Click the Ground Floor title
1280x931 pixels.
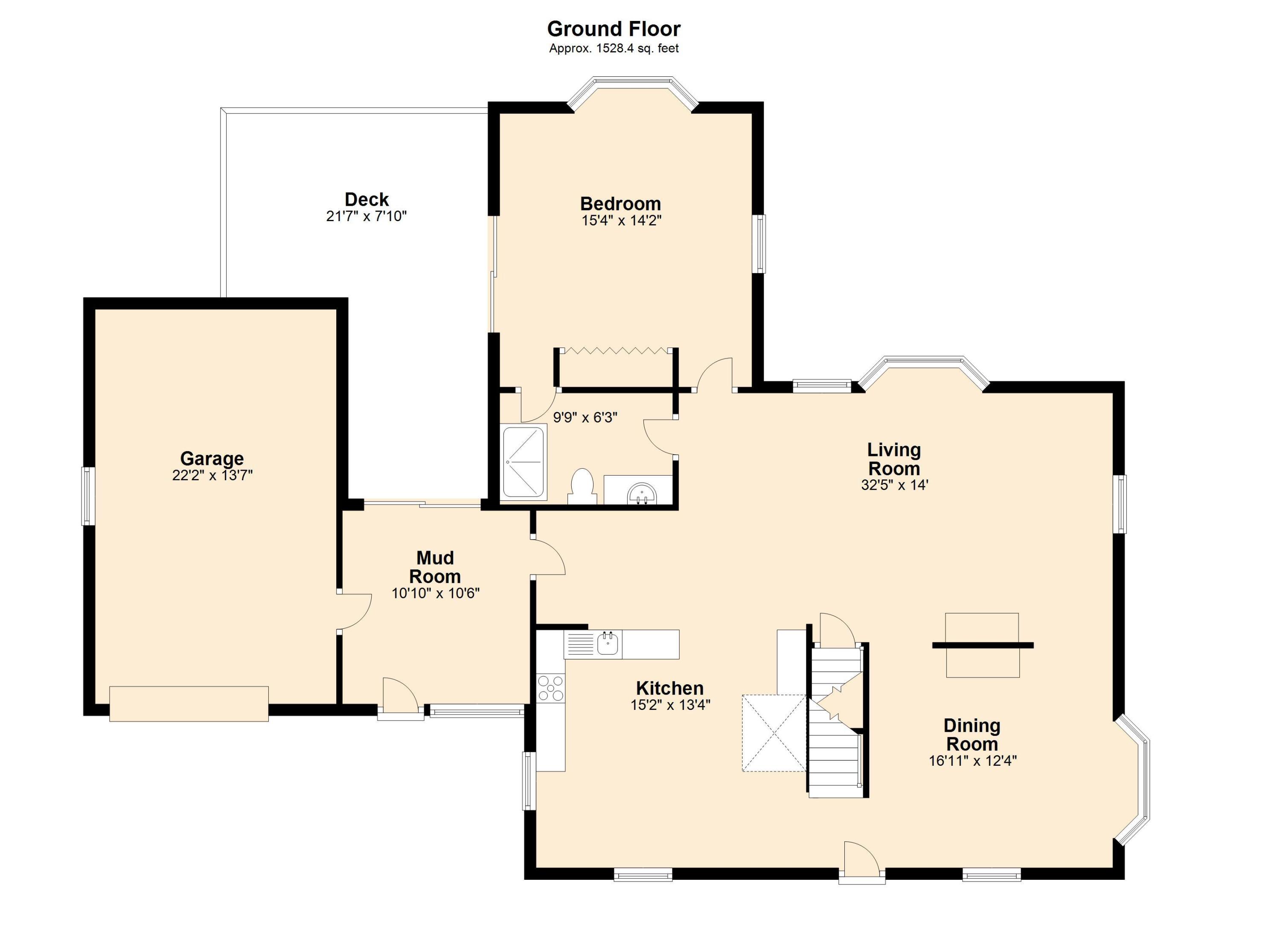614,28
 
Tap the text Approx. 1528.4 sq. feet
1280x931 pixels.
614,49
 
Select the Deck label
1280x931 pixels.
367,199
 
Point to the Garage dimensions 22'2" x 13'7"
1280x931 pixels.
212,476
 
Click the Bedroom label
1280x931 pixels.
620,203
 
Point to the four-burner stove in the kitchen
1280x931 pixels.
550,688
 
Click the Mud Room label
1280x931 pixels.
435,567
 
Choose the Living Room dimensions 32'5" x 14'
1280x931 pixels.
895,485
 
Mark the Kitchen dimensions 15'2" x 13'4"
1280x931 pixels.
670,705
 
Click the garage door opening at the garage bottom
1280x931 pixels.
189,703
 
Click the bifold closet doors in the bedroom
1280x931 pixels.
616,351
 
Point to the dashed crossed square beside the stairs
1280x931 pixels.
774,732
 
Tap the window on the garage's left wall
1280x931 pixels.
87,496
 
